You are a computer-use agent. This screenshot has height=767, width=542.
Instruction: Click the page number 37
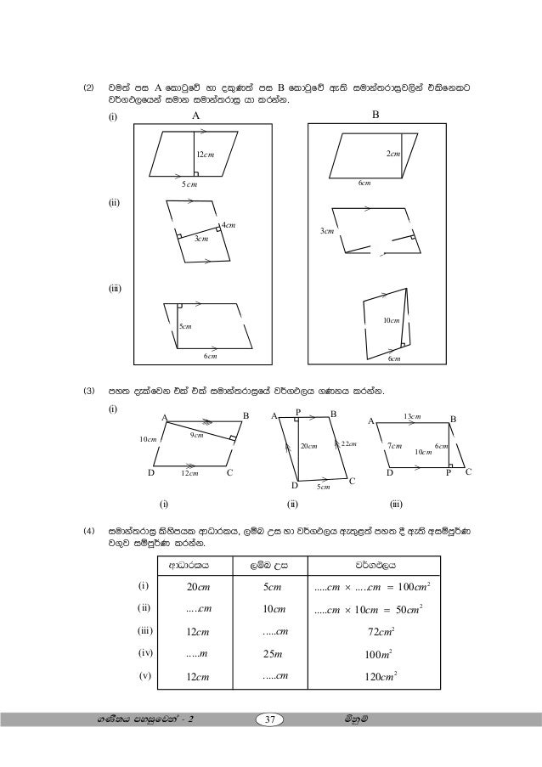coord(271,721)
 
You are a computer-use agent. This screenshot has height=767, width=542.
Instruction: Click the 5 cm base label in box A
coord(189,183)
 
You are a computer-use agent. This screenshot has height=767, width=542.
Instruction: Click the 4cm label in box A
coord(228,225)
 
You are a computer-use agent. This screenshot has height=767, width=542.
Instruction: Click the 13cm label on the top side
coord(412,416)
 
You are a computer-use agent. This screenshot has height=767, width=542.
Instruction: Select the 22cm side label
coord(349,443)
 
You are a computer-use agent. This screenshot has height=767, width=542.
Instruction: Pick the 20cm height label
coord(308,447)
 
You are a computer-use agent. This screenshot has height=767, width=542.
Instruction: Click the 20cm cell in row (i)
coord(199,587)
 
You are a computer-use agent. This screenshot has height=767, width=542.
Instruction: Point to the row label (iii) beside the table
coord(144,630)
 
